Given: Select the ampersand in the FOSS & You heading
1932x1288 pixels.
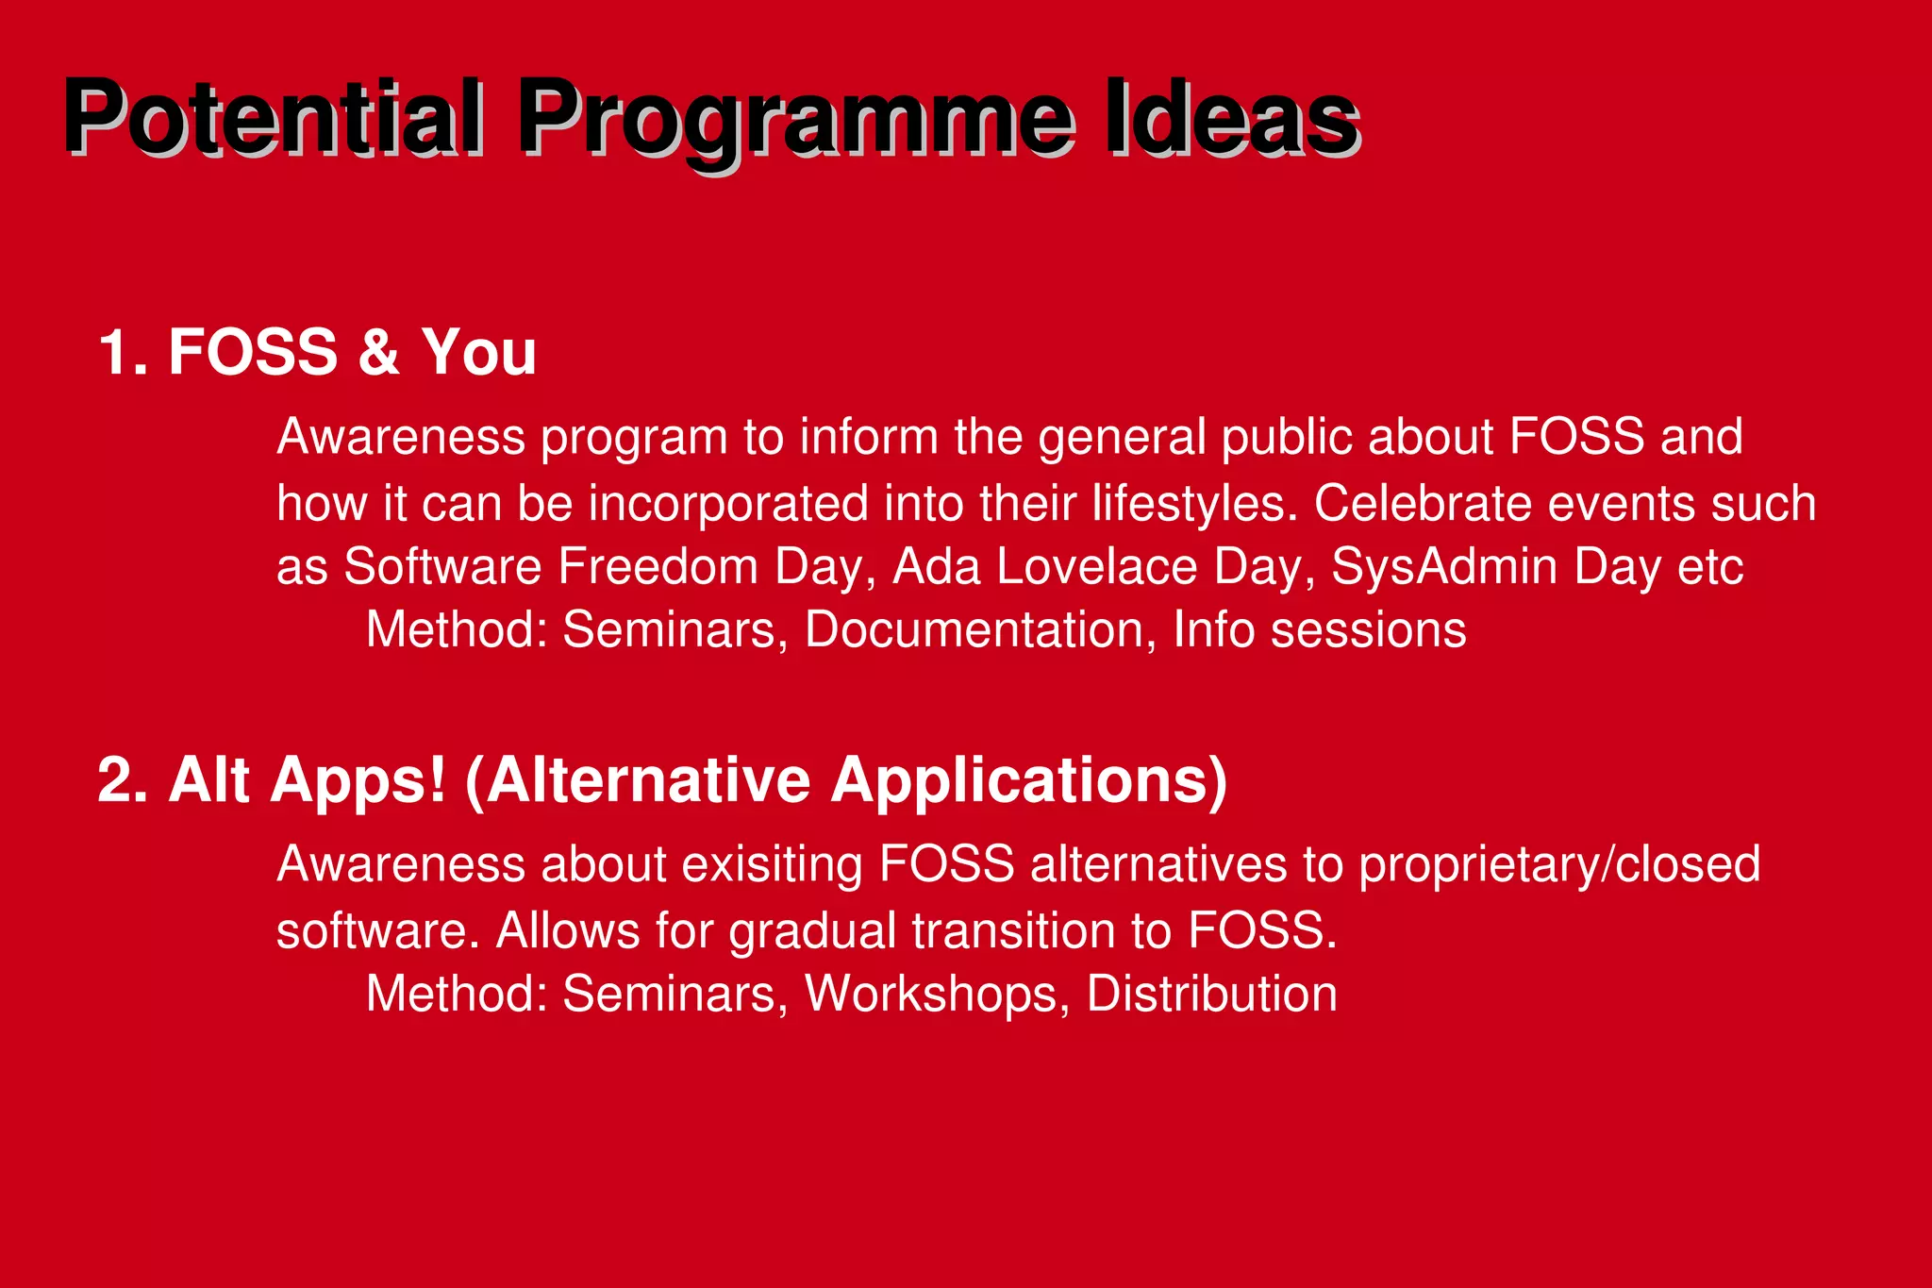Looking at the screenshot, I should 378,352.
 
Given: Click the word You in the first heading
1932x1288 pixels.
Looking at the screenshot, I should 478,352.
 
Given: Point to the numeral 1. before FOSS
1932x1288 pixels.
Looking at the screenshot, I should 123,352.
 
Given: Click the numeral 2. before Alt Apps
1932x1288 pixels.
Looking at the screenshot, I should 123,780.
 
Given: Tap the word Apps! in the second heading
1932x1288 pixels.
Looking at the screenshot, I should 358,780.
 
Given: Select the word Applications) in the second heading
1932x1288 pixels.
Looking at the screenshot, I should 1028,780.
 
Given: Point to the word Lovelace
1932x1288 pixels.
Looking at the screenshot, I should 1096,567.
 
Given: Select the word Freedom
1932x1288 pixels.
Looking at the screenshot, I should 658,567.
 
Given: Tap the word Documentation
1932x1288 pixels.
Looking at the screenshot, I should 974,629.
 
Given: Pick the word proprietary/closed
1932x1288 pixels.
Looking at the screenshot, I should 1558,864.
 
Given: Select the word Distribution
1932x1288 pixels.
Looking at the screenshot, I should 1211,994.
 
